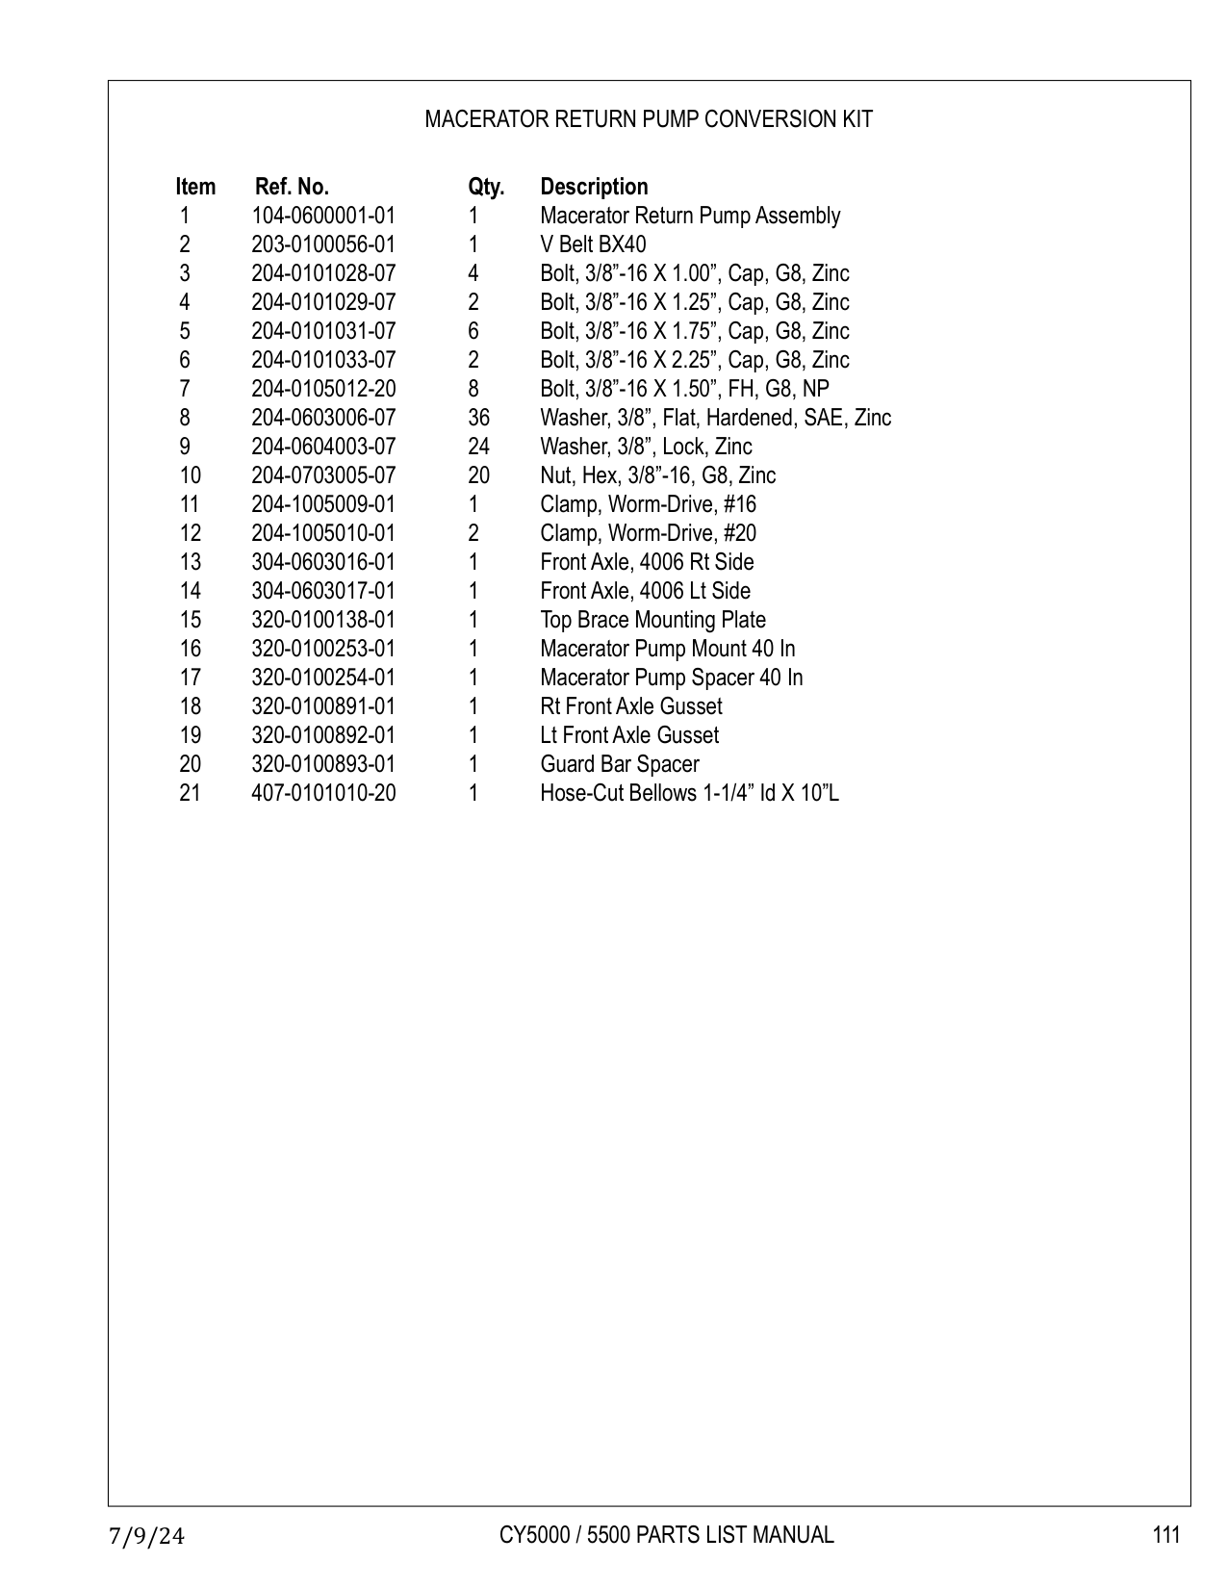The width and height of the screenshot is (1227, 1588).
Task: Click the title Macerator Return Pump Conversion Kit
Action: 649,119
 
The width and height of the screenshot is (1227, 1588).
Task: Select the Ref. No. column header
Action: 292,187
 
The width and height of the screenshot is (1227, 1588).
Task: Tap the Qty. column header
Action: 486,187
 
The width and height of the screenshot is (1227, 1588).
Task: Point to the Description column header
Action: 594,187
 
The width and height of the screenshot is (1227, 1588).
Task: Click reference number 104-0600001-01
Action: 323,216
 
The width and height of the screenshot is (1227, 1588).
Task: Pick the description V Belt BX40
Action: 593,244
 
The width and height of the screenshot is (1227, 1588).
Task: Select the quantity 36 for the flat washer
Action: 478,418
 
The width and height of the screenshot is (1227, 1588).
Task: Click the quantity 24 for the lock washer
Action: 478,447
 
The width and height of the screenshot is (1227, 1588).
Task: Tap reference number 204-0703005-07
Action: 323,475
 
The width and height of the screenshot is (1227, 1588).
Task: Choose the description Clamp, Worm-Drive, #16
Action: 648,504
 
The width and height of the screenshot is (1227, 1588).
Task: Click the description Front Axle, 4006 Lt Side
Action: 645,591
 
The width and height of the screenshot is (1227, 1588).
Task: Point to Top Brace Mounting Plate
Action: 652,620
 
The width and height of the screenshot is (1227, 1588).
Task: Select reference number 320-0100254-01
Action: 323,678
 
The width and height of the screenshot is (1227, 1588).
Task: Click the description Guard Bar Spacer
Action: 619,764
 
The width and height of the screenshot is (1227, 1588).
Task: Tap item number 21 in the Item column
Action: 191,793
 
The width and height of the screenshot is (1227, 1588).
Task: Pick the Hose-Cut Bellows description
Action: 689,793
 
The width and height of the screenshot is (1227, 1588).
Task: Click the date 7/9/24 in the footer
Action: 146,1535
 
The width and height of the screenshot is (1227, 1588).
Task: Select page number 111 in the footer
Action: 1165,1534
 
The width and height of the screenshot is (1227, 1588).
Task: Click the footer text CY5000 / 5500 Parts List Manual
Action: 666,1534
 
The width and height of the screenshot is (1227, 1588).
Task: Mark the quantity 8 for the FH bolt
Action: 473,389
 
